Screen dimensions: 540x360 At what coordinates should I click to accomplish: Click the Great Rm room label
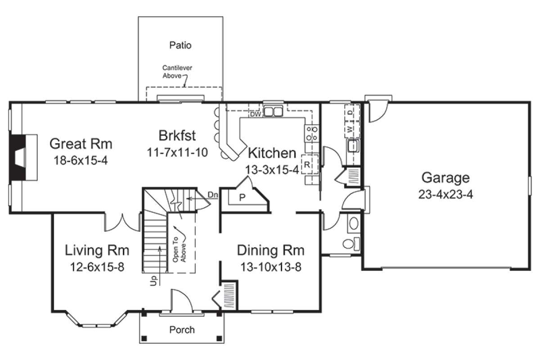pos(81,144)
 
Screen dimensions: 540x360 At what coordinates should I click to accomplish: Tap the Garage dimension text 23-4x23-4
pos(445,194)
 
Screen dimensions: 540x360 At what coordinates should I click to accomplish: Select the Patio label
pos(180,45)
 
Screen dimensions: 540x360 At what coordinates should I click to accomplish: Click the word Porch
pos(182,329)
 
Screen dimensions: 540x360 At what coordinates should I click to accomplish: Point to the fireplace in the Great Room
pos(23,157)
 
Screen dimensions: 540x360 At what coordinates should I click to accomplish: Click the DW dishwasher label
pos(256,114)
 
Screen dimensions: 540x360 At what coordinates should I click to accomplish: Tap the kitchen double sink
pos(273,112)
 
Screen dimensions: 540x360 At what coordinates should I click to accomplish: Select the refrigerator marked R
pos(310,164)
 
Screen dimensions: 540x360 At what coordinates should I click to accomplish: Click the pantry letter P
pos(242,198)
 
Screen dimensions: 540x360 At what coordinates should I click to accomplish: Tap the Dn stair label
pos(212,195)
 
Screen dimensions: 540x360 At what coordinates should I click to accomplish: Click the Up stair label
pos(153,281)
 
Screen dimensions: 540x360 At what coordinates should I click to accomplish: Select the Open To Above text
pos(180,250)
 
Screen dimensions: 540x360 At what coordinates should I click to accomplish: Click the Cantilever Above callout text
pos(177,72)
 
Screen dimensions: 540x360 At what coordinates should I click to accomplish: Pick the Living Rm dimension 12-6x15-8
pos(97,267)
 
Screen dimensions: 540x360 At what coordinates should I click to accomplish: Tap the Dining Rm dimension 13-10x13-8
pos(271,267)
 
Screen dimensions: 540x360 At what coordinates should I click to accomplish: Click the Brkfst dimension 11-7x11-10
pos(177,153)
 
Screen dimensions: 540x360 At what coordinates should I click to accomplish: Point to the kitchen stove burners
pos(312,133)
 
